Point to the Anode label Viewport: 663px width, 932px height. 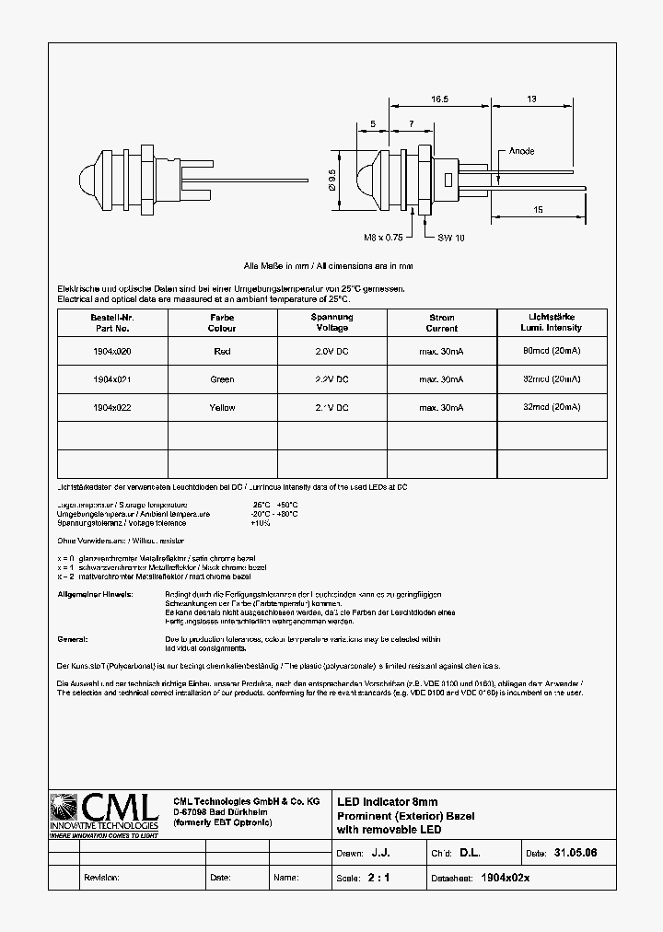coord(521,151)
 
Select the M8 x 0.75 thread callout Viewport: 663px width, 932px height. coord(383,238)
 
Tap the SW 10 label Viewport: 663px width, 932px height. coord(451,238)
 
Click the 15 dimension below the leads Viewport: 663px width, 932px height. coord(538,210)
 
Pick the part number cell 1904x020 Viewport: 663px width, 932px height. coord(112,351)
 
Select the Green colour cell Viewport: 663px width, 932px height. coord(222,379)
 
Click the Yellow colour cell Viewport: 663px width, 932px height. coord(222,407)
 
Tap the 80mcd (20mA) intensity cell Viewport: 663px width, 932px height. coord(552,351)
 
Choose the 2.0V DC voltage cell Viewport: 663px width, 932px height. coord(331,351)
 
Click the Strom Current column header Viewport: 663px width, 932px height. coord(441,322)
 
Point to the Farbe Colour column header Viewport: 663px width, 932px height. coord(222,322)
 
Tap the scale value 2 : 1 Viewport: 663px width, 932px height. coord(378,878)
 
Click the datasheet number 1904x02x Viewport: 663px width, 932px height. coord(506,878)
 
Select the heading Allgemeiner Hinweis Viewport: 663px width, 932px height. coord(95,594)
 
